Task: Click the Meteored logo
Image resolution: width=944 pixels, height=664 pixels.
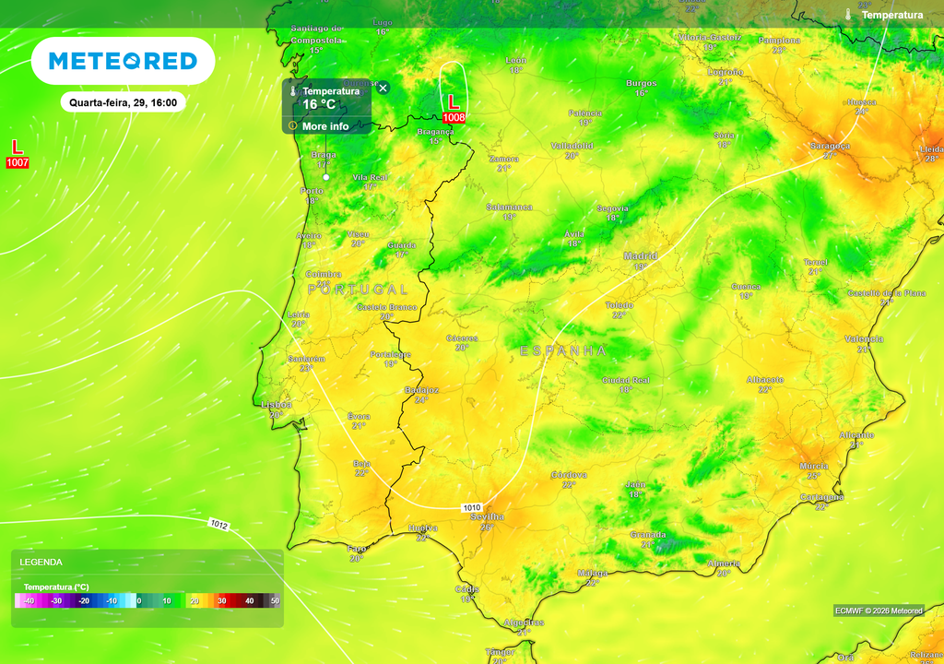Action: click(x=123, y=61)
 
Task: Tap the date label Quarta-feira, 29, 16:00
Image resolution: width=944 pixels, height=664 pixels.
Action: click(x=124, y=102)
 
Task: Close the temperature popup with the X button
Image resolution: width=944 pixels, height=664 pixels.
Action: click(x=383, y=88)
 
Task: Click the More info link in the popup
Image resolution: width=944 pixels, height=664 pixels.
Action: click(x=325, y=126)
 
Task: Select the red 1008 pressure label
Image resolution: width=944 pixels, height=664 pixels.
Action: click(x=454, y=118)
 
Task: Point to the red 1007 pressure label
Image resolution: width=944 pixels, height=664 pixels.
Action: click(x=18, y=163)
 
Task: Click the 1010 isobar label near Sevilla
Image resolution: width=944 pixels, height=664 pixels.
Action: click(x=472, y=507)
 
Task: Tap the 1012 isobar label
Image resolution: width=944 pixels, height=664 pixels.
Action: click(x=218, y=525)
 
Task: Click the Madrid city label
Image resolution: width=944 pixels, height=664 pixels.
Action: click(x=640, y=255)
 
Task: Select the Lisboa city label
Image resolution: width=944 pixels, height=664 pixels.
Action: click(x=276, y=404)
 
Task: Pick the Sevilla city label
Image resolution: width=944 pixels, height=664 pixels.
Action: click(x=487, y=516)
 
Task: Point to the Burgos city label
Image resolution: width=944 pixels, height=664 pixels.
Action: click(x=641, y=83)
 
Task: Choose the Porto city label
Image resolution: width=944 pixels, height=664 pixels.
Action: click(x=312, y=191)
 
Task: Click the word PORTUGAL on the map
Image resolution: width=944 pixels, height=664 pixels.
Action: click(x=358, y=290)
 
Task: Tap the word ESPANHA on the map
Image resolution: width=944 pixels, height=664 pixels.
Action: click(x=563, y=351)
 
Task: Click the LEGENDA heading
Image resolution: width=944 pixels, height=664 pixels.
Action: click(x=41, y=562)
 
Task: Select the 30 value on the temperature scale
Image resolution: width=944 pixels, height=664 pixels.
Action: click(x=221, y=601)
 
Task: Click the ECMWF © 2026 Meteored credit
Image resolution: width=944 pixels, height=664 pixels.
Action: click(x=879, y=611)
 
